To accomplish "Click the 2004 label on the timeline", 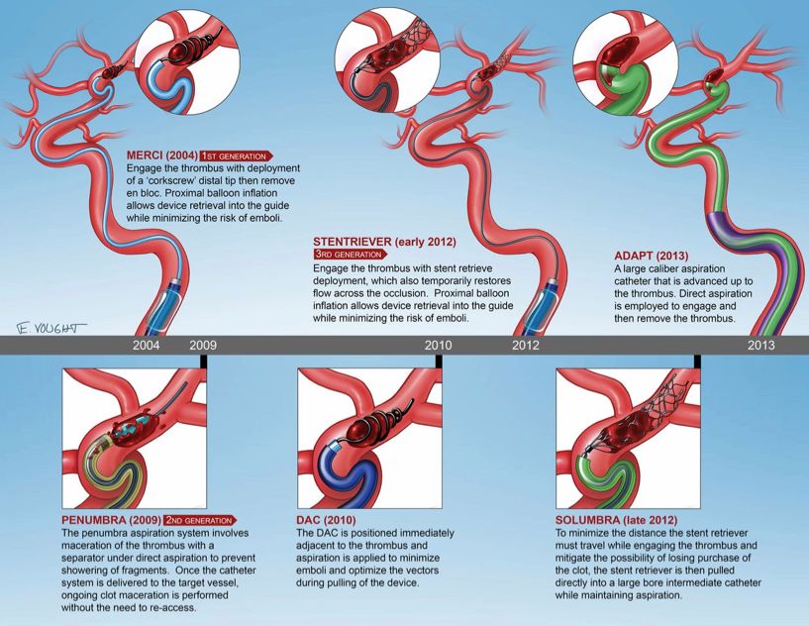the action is click(x=146, y=345).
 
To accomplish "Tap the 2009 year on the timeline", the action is click(x=203, y=345).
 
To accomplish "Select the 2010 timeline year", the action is click(x=438, y=345).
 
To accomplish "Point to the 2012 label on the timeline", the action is click(x=525, y=345).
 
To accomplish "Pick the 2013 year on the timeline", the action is click(x=761, y=345).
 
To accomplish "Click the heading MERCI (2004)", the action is click(x=162, y=156).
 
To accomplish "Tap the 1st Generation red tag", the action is click(x=237, y=156).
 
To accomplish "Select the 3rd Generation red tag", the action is click(x=350, y=254).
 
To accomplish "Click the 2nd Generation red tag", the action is click(x=201, y=520).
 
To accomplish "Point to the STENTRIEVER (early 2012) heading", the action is click(x=385, y=242).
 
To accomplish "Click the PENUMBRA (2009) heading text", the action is click(x=111, y=520).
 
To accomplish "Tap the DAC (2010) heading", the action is click(x=326, y=520).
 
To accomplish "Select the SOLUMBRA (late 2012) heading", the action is click(x=617, y=520).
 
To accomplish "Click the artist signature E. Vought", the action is click(x=51, y=328).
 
